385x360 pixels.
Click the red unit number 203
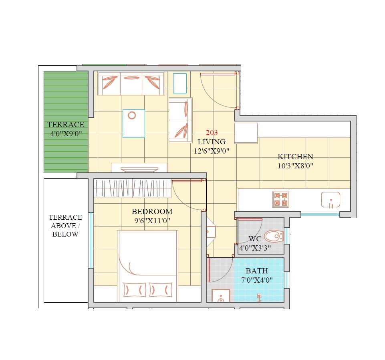coord(212,133)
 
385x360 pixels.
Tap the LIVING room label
coord(212,142)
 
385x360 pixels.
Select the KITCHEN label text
coord(295,157)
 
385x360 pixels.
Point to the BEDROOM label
coord(152,211)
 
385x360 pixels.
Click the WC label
coord(255,239)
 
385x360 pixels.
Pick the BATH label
coord(257,271)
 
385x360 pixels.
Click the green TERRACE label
coord(66,125)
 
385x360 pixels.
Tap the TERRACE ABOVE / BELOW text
coord(65,226)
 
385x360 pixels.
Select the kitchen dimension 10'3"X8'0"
coord(295,166)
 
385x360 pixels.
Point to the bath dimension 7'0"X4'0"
coord(257,280)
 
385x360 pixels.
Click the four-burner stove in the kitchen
coord(281,199)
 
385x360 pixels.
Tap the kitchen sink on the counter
coord(331,200)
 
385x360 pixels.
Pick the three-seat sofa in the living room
coord(131,83)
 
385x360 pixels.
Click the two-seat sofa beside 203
coord(180,120)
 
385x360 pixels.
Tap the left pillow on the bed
coord(135,289)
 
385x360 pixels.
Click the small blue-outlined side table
coord(180,83)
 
